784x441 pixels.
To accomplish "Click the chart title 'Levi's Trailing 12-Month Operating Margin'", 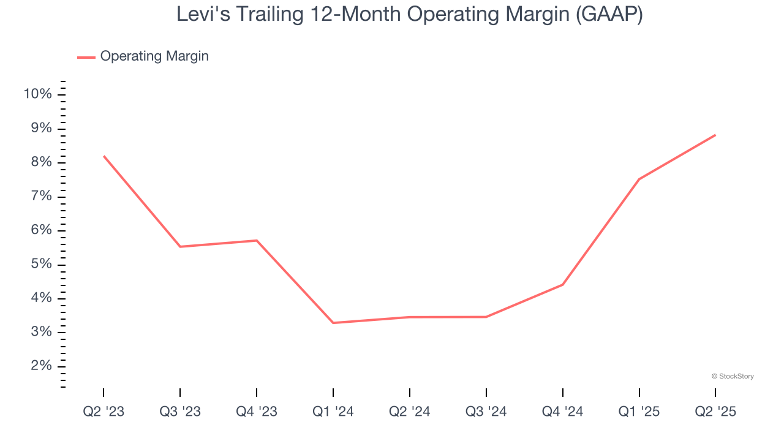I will (409, 14).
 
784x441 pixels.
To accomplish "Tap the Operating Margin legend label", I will (154, 56).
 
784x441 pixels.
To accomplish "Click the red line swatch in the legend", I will (86, 57).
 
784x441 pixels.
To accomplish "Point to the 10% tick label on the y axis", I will (37, 94).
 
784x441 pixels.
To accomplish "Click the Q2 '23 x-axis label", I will (104, 412).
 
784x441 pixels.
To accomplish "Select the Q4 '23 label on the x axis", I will (256, 412).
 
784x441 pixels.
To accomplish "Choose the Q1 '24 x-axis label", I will (333, 412).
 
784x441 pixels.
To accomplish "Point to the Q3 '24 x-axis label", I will (486, 412).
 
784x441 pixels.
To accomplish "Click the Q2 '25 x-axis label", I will (715, 412).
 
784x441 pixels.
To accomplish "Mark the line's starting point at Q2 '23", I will (104, 156).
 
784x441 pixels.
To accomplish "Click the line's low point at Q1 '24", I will (333, 323).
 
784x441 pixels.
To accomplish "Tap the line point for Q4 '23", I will (256, 240).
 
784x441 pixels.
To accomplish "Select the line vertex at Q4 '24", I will (562, 284).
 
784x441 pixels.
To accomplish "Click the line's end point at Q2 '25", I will (715, 135).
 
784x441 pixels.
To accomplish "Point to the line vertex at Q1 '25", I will (639, 179).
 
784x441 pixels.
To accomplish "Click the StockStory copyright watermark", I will (733, 376).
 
